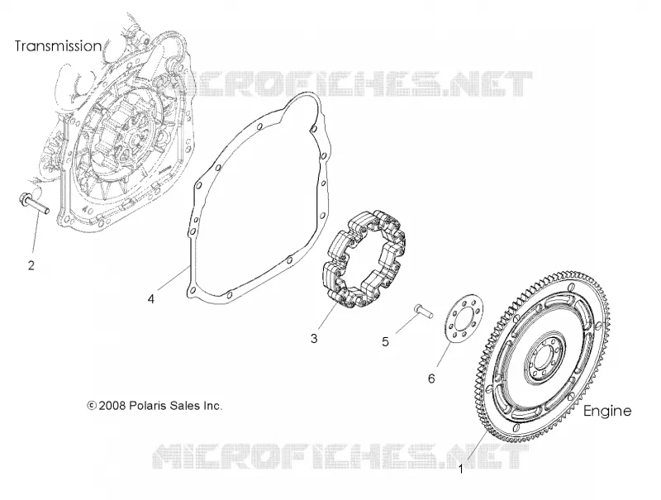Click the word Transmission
(x=58, y=45)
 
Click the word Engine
(x=607, y=411)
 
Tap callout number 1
(x=461, y=469)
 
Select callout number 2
(x=31, y=265)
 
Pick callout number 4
(x=151, y=299)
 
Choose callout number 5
(x=385, y=341)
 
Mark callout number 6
(x=431, y=379)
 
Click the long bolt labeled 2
(x=34, y=202)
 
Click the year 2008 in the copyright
(x=112, y=406)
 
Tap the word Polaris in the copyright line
(x=148, y=406)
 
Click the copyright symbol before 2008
(x=92, y=406)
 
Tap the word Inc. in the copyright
(x=213, y=406)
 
